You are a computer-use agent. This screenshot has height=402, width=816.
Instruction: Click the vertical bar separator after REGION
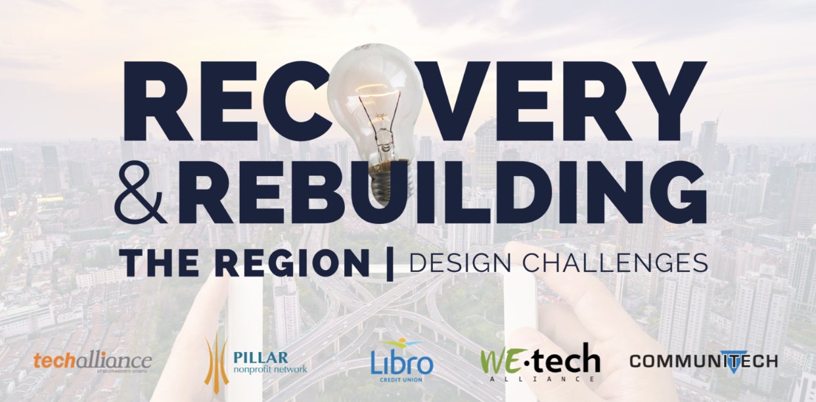click(390, 262)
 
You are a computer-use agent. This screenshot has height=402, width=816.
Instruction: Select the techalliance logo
click(93, 362)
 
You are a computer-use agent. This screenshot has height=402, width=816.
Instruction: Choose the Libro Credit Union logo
click(401, 361)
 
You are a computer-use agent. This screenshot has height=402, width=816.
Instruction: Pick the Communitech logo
click(703, 361)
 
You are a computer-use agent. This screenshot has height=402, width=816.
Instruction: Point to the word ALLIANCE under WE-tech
click(540, 379)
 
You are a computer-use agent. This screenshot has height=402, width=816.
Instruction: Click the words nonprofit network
click(270, 369)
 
